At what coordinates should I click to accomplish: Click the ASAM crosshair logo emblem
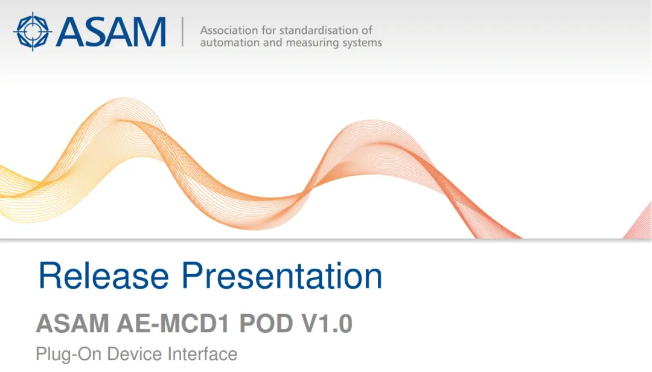33,31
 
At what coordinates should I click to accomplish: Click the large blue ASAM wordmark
112,32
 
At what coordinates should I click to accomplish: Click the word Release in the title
104,275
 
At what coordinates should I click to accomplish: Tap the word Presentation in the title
282,275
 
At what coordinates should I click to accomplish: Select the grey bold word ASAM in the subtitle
73,323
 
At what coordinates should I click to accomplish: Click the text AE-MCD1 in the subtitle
173,323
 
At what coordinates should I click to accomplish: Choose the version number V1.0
327,323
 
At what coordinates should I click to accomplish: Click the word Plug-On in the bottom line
69,354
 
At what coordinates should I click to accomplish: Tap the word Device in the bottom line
134,354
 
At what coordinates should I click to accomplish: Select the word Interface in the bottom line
202,354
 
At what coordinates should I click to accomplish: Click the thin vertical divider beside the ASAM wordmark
182,31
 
